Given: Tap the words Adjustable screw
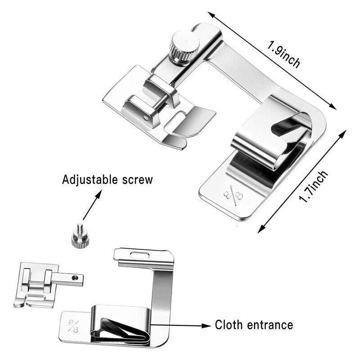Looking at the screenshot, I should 107,180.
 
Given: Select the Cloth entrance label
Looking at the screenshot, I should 254,324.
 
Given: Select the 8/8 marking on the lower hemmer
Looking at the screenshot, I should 73,323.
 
